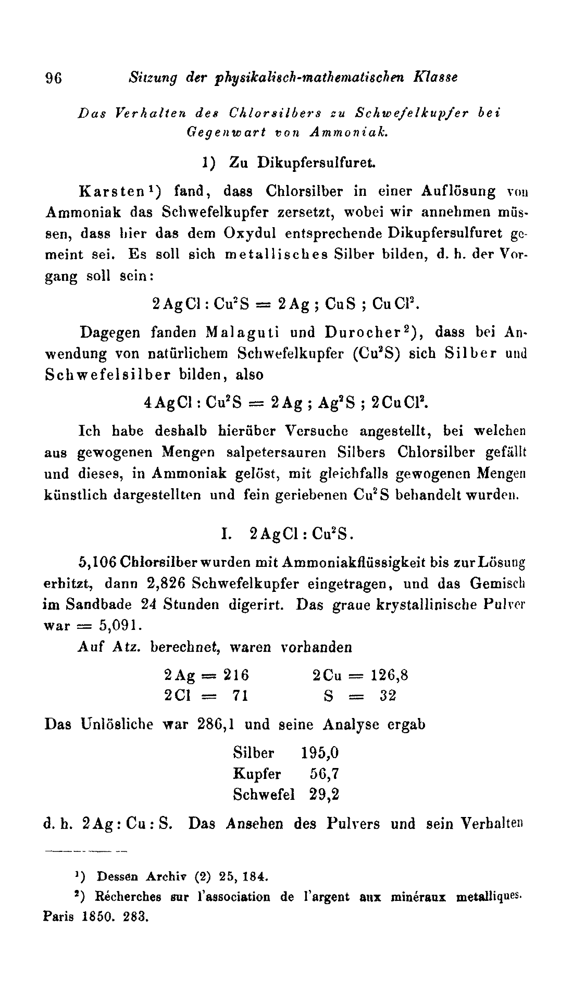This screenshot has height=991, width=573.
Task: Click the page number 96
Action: (x=54, y=78)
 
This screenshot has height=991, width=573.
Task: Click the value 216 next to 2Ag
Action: (x=236, y=675)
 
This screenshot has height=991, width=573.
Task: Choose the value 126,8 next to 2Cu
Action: (x=389, y=675)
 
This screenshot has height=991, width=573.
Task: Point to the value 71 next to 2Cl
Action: (x=240, y=696)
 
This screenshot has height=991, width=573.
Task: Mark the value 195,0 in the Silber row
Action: (x=320, y=753)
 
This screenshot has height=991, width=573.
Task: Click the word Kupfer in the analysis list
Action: (x=257, y=774)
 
